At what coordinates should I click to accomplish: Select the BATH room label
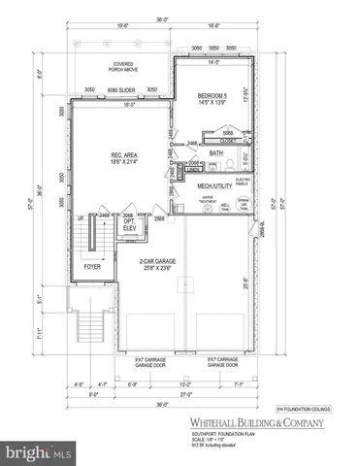tap(215, 152)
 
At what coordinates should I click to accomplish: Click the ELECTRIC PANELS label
tap(244, 182)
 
